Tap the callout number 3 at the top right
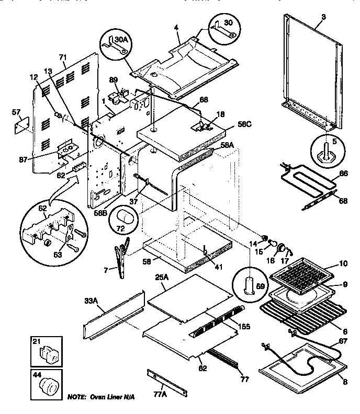pyautogui.click(x=323, y=18)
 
